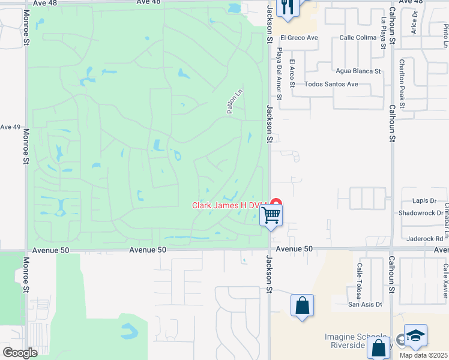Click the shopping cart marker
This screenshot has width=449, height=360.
(x=271, y=214)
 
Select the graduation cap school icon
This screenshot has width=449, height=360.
(x=415, y=336)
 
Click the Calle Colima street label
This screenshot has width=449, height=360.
(x=358, y=38)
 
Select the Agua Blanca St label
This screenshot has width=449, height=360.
(x=359, y=71)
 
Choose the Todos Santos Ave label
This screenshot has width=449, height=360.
(x=331, y=84)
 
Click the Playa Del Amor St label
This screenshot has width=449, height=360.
(x=279, y=74)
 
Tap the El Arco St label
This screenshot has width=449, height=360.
(x=292, y=73)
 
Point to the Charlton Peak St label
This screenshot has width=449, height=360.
(x=403, y=83)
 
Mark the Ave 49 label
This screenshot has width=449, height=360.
(x=10, y=127)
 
